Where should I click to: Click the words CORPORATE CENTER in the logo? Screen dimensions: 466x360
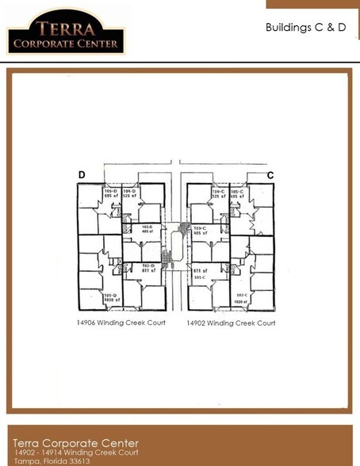coord(65,43)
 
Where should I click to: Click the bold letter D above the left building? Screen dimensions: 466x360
coord(82,175)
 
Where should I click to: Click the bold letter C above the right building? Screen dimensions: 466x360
coord(270,174)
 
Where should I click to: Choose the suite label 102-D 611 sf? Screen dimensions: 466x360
coord(146,268)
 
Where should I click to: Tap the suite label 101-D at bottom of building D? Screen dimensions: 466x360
coord(110,298)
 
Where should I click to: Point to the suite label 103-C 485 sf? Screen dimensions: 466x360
coord(200,231)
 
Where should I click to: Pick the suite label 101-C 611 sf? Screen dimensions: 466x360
coord(199,273)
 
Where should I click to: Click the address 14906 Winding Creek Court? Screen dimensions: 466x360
coord(121,323)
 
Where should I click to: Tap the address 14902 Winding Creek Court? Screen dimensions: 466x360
coord(231,323)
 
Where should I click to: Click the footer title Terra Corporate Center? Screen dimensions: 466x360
coord(75,443)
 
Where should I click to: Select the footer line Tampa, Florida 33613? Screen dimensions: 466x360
coord(52,460)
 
